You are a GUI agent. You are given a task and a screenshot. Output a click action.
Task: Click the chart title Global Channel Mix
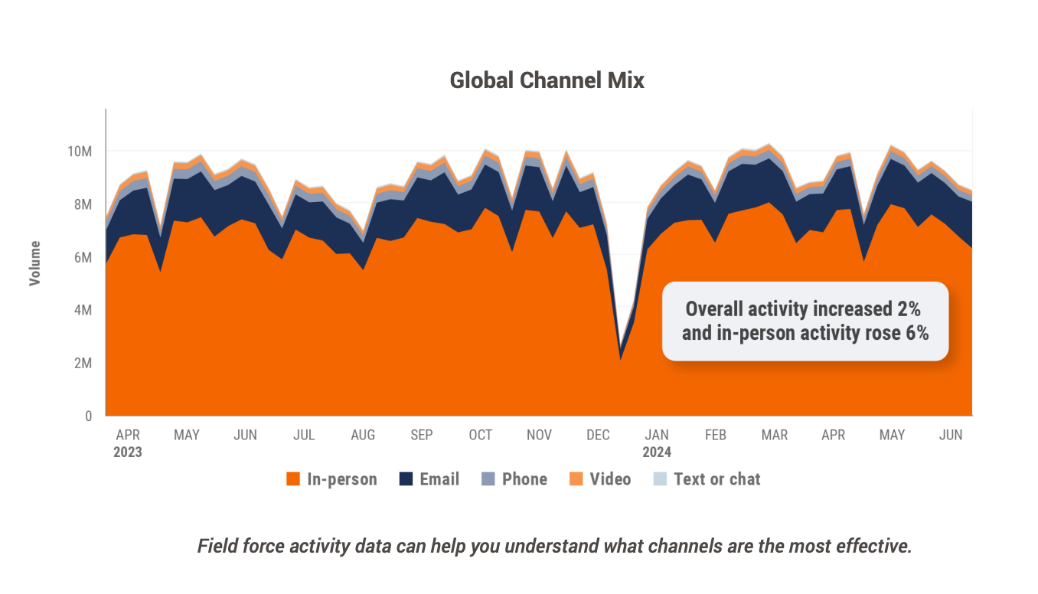[547, 80]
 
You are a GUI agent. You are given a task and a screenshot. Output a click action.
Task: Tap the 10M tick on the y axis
[80, 152]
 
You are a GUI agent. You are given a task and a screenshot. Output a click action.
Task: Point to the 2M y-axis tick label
[83, 363]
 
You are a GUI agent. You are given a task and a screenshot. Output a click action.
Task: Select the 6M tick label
[83, 257]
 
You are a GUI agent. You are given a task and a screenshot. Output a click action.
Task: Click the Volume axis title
[35, 263]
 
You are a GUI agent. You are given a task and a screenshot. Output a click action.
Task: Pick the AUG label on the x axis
[363, 435]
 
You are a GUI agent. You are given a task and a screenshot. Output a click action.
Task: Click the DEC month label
[598, 435]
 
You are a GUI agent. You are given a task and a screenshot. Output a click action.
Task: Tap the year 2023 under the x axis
[128, 452]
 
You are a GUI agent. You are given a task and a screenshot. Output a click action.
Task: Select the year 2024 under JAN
[657, 452]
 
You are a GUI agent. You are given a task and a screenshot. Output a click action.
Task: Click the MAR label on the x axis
[774, 435]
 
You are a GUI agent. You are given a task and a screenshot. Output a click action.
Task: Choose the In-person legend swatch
[292, 479]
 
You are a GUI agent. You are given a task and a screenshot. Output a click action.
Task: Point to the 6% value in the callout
[916, 332]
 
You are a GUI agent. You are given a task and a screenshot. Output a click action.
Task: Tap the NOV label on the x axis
[539, 435]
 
